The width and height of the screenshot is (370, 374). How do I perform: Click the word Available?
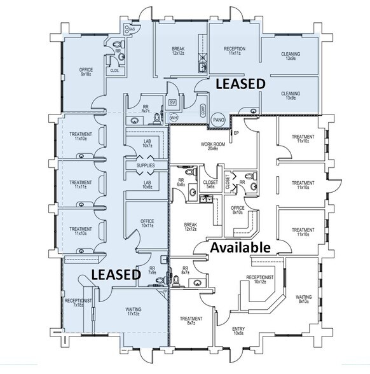click(x=241, y=247)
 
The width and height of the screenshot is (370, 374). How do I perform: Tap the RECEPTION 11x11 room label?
click(x=235, y=52)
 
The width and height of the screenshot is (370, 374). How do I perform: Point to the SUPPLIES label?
click(x=146, y=166)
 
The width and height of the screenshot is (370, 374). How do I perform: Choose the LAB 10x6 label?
click(x=146, y=184)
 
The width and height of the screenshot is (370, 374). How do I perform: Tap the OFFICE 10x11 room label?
click(x=147, y=223)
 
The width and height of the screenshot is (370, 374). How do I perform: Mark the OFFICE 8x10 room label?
click(x=238, y=211)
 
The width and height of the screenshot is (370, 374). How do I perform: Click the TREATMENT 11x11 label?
click(x=81, y=184)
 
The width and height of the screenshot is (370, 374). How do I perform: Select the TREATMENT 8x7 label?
click(x=191, y=321)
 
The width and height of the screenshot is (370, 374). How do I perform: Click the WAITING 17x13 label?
click(x=134, y=312)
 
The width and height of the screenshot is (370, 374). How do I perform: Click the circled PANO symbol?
click(x=219, y=118)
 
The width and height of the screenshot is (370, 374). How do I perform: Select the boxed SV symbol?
click(x=172, y=102)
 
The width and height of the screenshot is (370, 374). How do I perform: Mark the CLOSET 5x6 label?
click(x=210, y=184)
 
